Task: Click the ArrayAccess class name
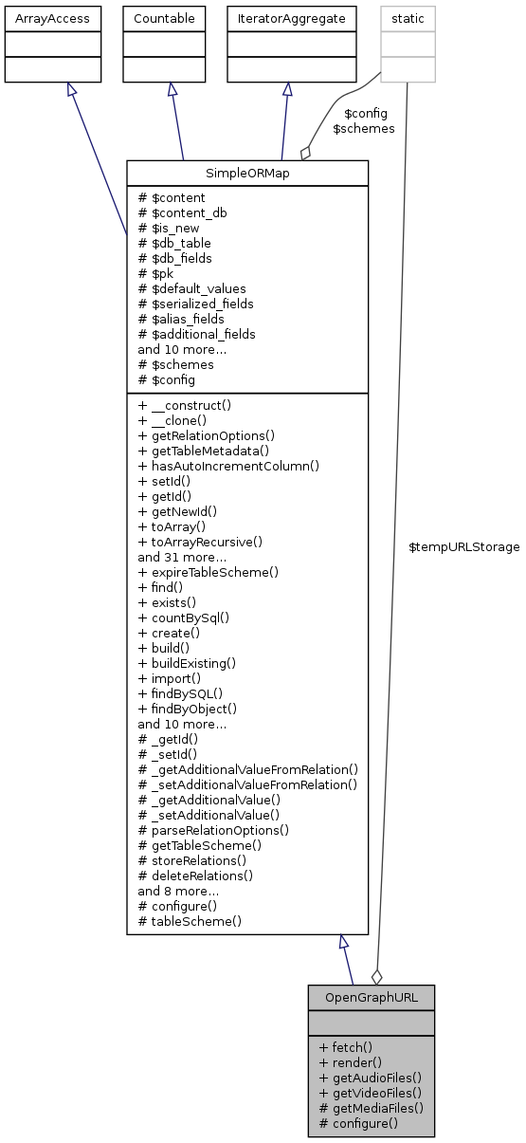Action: (52, 18)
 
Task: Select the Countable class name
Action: (165, 18)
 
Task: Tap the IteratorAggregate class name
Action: (286, 18)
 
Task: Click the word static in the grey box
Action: (407, 18)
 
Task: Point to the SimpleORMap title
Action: (246, 174)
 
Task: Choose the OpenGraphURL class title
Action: (371, 998)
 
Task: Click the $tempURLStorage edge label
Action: (463, 547)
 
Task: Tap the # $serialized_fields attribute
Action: (195, 304)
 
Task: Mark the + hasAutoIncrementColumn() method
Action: (227, 466)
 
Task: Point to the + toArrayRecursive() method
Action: (200, 542)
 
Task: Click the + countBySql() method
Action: (184, 618)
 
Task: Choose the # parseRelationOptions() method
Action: (213, 830)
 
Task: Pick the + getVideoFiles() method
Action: (370, 1093)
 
